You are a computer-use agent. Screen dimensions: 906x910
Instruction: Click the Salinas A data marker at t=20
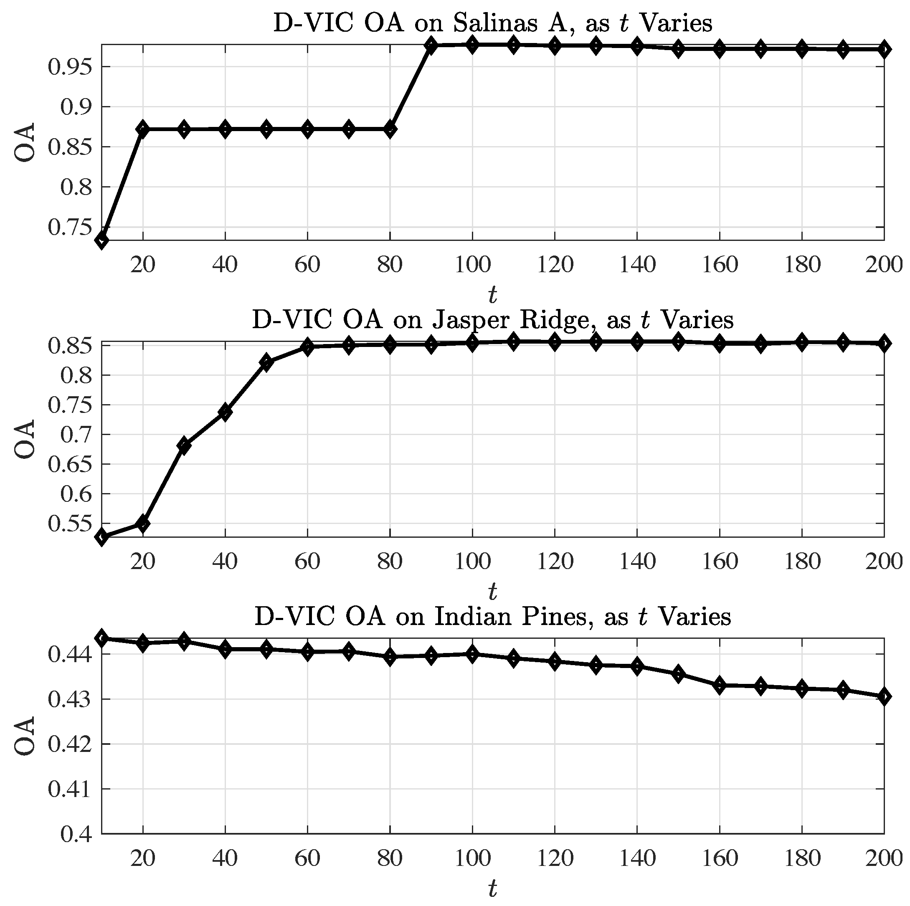[143, 129]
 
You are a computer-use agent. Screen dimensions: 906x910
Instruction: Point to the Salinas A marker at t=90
[431, 46]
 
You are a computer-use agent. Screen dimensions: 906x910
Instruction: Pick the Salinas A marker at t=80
[390, 129]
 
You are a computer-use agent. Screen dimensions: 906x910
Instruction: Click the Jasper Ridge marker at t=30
[184, 445]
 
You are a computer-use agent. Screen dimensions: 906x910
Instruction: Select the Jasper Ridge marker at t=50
[266, 362]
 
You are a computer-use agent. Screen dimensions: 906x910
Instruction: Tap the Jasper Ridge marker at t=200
[884, 344]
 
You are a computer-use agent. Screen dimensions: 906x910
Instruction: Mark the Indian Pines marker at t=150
[678, 674]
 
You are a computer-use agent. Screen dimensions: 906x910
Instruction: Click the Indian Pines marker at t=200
[884, 696]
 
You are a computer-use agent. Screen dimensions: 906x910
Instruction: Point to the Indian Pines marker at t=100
[472, 654]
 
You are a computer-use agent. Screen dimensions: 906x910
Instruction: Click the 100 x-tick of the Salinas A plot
[472, 265]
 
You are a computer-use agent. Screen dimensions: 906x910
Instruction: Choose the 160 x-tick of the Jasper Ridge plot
[720, 561]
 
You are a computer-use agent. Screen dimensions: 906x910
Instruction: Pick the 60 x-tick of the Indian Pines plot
[307, 858]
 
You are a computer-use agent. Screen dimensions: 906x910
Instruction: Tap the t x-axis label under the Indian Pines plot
[493, 889]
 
